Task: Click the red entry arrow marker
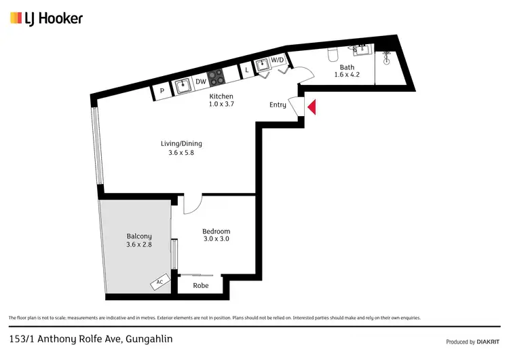point(312,107)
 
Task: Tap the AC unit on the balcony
point(159,281)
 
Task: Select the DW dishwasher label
point(201,82)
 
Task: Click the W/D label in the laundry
point(278,60)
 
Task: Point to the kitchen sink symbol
point(182,86)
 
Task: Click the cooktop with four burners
point(216,76)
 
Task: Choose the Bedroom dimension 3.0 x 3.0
point(216,239)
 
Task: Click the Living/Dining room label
point(181,143)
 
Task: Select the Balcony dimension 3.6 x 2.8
point(139,245)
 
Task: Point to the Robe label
point(200,286)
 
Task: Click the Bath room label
point(347,67)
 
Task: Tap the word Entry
point(278,105)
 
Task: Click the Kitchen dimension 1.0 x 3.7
point(221,105)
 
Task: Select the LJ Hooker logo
point(46,18)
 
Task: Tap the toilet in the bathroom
point(332,54)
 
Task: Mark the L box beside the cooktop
point(247,70)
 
